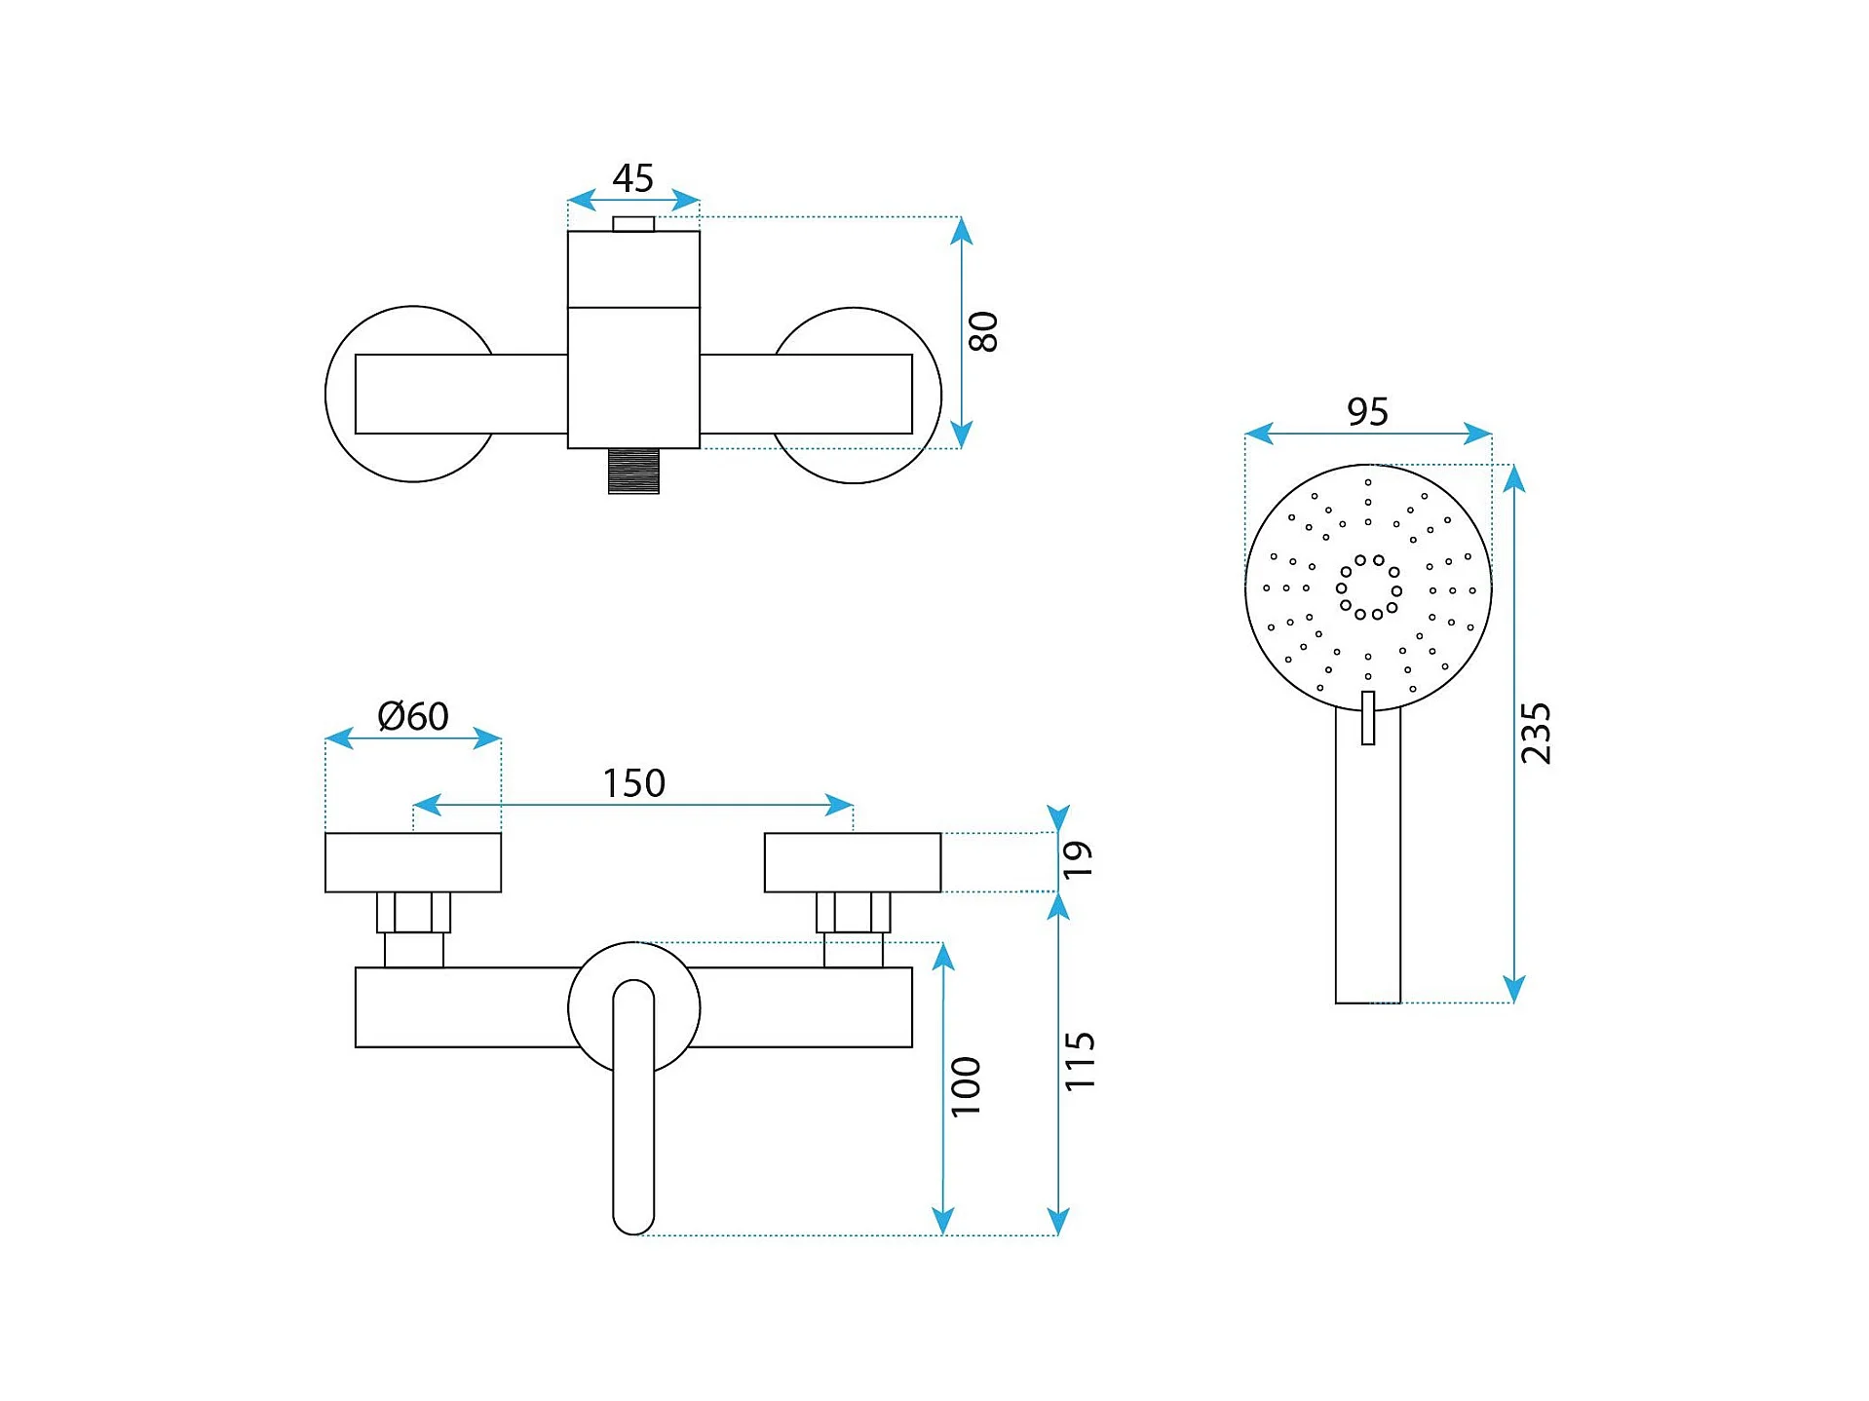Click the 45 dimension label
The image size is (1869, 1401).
tap(632, 178)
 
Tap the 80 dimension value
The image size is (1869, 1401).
tap(983, 331)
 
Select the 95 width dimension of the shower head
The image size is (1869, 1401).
tap(1367, 412)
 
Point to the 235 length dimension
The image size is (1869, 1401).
tap(1535, 733)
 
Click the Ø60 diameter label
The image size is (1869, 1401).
tap(413, 716)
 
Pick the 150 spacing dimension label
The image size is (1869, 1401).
tap(633, 783)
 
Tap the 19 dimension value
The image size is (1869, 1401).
tap(1078, 859)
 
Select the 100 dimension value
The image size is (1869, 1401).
tap(965, 1086)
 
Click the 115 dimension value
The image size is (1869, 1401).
tap(1079, 1062)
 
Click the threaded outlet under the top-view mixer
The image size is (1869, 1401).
tap(633, 471)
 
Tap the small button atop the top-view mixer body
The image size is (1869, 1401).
tap(633, 224)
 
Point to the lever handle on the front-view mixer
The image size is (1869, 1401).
tap(633, 1107)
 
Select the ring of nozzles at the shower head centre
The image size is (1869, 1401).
tap(1369, 587)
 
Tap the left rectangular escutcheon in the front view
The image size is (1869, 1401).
tap(413, 862)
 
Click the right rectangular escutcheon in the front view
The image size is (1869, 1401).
tap(853, 862)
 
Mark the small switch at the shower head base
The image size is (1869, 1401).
tap(1368, 718)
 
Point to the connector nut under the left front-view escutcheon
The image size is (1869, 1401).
tap(414, 912)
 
